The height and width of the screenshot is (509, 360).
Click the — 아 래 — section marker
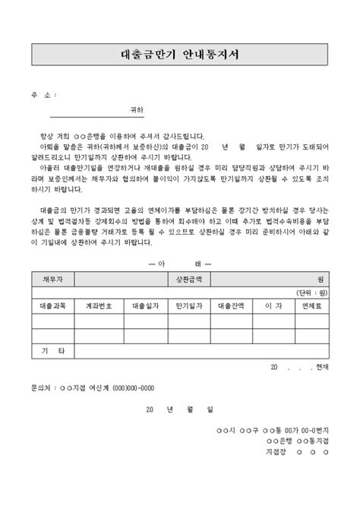pos(180,263)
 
